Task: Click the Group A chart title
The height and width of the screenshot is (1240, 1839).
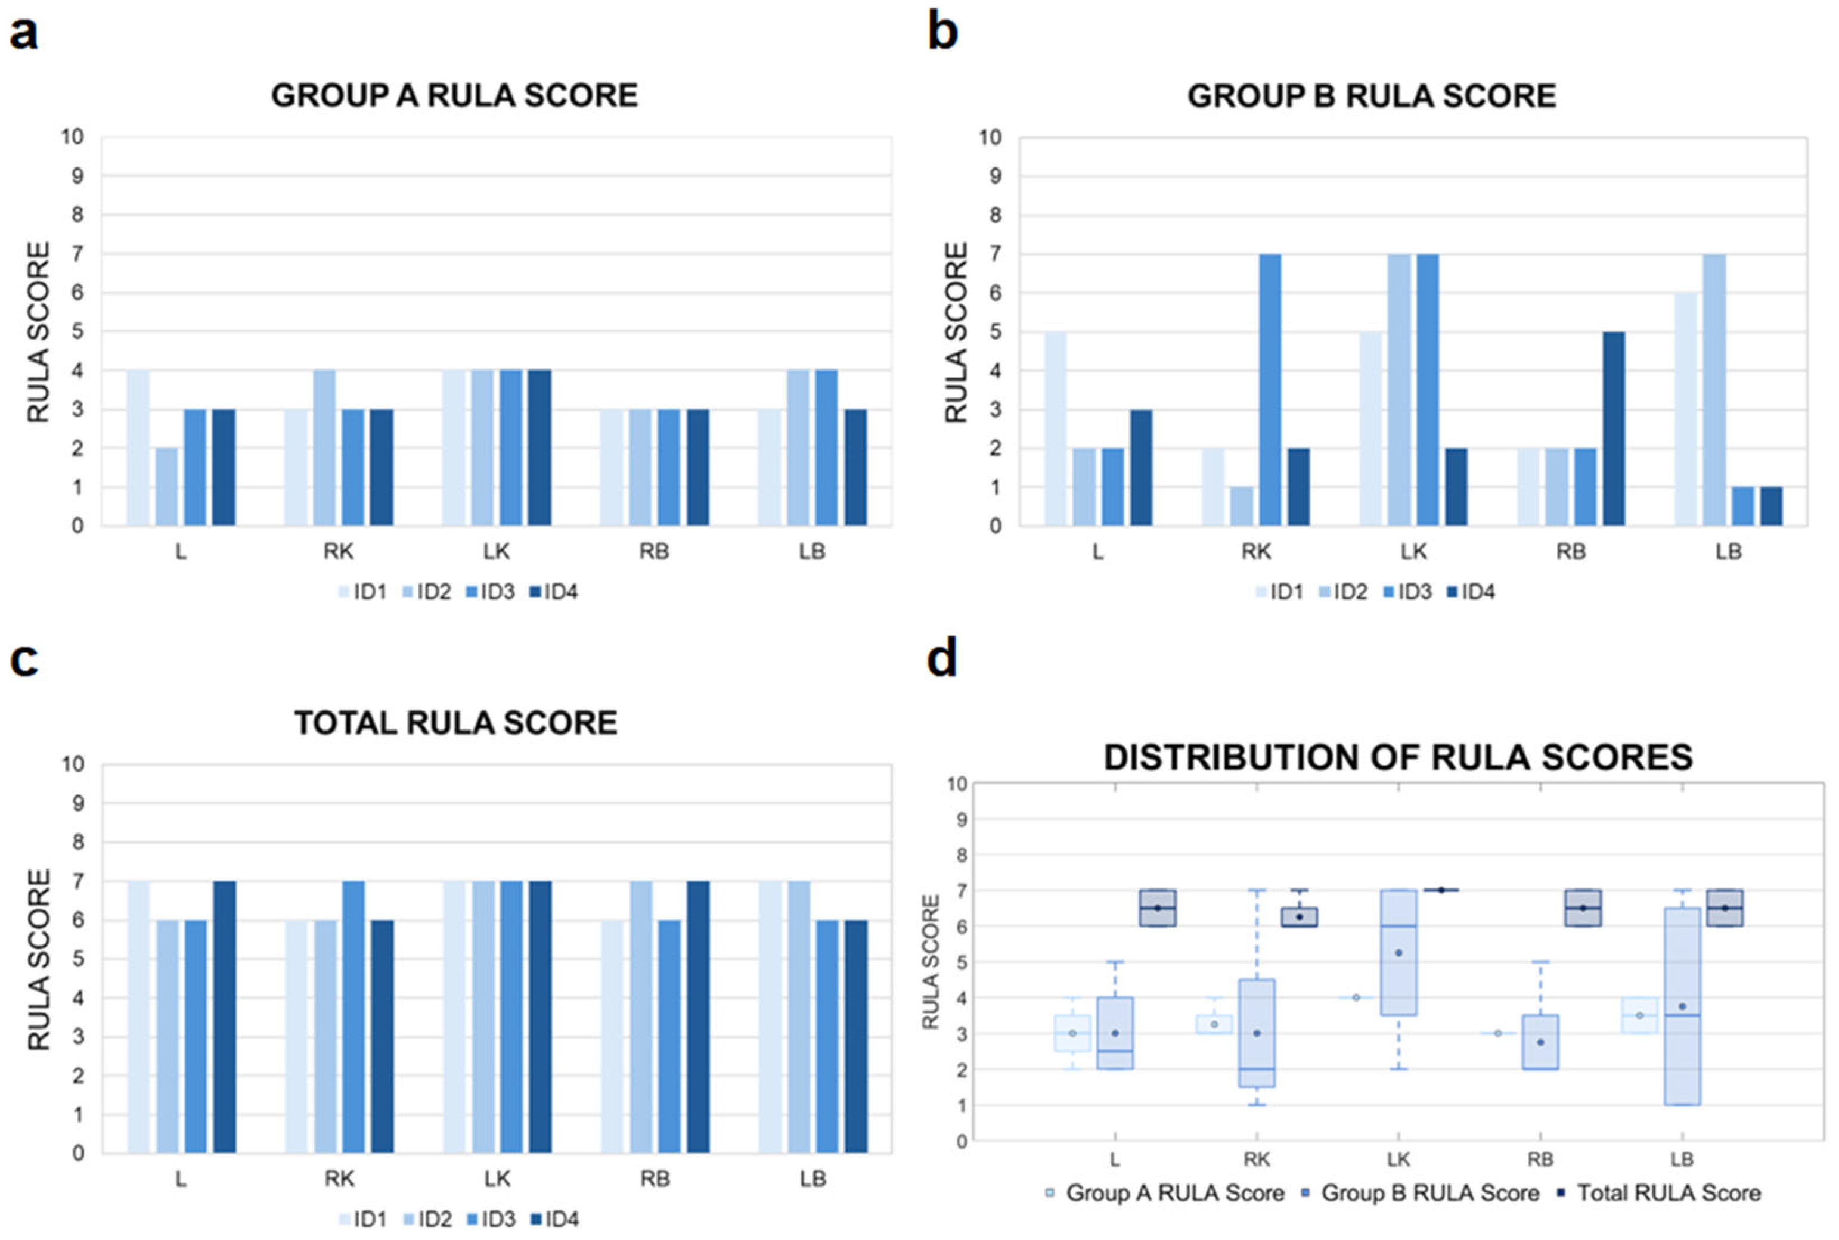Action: pos(454,96)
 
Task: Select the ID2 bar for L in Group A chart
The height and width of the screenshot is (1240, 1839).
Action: pos(167,486)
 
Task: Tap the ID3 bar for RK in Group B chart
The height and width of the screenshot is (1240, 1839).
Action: pos(1270,389)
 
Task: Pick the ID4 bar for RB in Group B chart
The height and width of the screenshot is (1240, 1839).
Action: pos(1613,428)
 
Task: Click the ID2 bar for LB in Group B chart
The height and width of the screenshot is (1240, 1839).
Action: pos(1714,389)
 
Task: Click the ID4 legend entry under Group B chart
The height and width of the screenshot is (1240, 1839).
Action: pos(1471,592)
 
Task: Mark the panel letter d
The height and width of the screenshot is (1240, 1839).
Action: pos(941,658)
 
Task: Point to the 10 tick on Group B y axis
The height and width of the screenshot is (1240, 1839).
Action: pos(990,138)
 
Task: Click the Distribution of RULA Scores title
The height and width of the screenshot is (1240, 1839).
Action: pos(1398,757)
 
